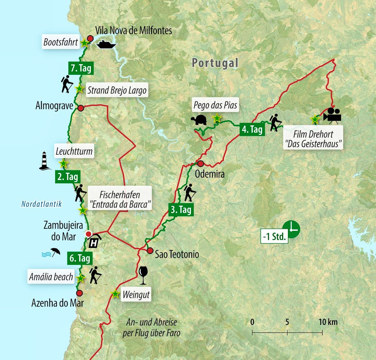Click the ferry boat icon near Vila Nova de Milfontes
point(106,45)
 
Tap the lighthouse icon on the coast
point(45,161)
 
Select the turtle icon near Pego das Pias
point(199,120)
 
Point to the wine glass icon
point(143,276)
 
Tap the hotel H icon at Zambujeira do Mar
point(94,241)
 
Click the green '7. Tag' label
point(80,68)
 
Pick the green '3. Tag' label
point(181,210)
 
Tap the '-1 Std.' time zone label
point(274,237)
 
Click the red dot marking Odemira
point(200,164)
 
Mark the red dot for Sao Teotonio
point(150,251)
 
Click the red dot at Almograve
point(80,108)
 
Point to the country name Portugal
point(215,63)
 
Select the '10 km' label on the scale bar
point(328,322)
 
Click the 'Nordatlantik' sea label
point(41,204)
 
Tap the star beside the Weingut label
point(115,294)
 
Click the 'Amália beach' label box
point(51,277)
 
